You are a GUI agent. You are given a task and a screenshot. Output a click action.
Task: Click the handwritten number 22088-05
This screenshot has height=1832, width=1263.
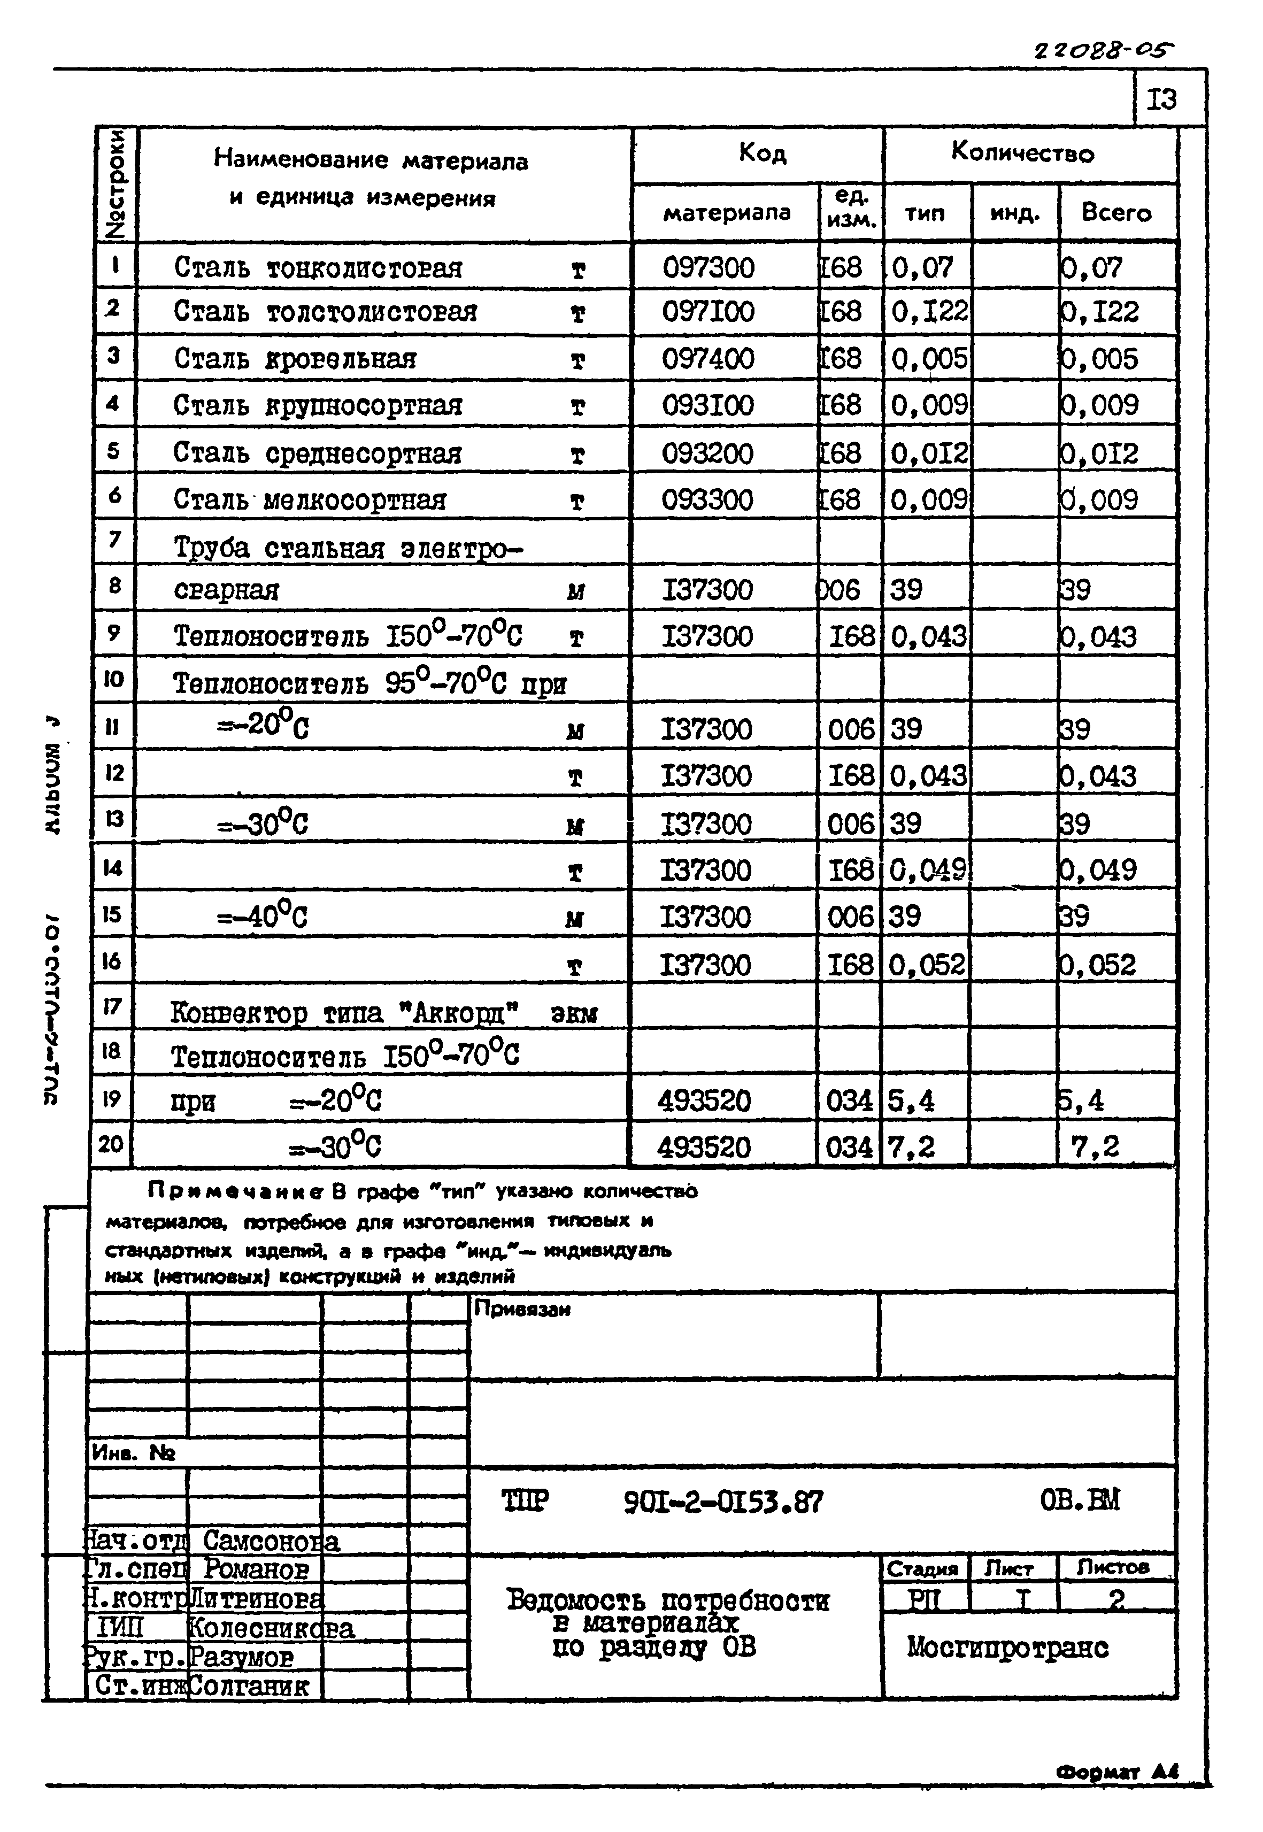click(x=1103, y=51)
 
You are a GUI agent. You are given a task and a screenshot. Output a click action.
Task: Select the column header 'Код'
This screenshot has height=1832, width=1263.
click(x=762, y=153)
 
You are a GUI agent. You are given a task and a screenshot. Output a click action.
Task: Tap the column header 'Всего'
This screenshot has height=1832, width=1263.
click(x=1116, y=213)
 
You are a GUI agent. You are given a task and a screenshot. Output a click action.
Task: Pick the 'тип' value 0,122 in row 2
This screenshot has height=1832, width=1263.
click(x=929, y=312)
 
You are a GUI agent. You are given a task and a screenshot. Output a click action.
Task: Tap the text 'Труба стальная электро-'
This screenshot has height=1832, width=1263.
click(x=348, y=548)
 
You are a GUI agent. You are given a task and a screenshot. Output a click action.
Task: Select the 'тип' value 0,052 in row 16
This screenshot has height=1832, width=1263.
click(x=927, y=965)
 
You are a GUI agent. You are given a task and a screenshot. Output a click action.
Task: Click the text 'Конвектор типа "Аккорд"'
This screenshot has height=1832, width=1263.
click(x=344, y=1012)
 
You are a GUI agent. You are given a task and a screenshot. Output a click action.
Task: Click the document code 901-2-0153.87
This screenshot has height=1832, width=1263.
click(x=722, y=1501)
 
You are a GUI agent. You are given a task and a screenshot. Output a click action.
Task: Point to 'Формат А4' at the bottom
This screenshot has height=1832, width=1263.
click(x=1116, y=1772)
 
